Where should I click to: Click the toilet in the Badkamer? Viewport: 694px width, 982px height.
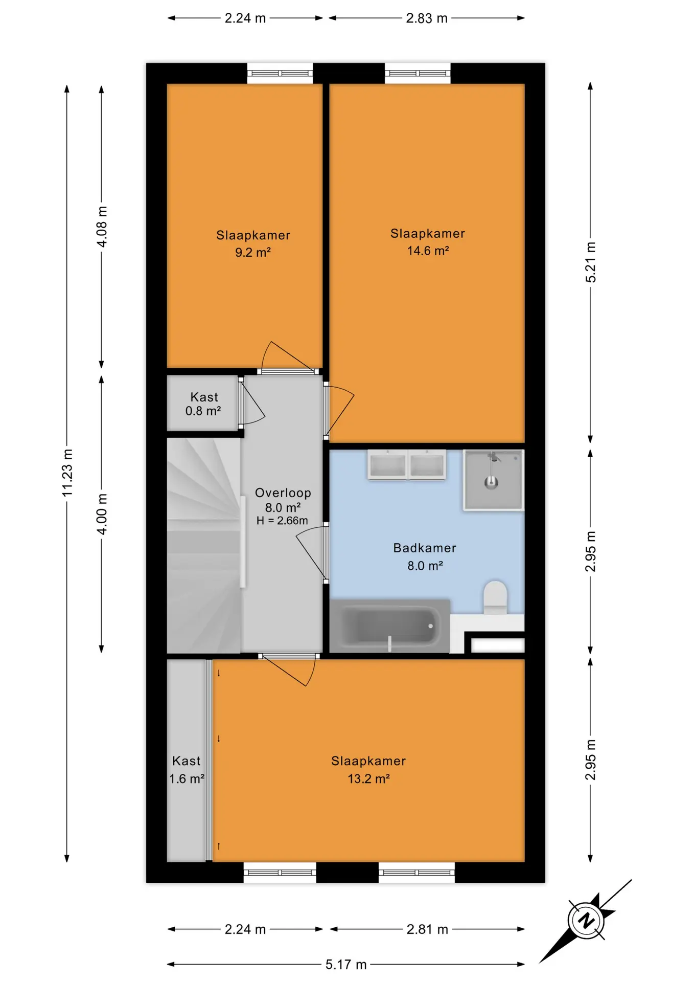click(495, 597)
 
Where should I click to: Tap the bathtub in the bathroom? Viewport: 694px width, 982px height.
click(389, 626)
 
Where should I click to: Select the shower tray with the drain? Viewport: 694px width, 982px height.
click(493, 480)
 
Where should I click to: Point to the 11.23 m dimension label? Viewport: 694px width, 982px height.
click(67, 472)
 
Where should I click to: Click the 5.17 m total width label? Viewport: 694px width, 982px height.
click(346, 964)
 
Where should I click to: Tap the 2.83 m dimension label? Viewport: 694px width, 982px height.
click(427, 18)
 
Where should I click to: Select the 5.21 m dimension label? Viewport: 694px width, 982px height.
click(591, 262)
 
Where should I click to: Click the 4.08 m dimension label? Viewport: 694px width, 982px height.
click(102, 227)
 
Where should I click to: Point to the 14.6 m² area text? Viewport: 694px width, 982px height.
click(428, 251)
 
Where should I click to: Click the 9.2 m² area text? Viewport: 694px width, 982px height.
click(252, 252)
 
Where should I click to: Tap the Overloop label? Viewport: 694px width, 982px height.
click(283, 493)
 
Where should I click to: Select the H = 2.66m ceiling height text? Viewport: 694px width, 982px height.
click(282, 521)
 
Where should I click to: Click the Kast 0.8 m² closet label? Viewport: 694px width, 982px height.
click(203, 404)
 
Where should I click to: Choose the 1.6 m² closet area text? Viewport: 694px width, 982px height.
click(187, 778)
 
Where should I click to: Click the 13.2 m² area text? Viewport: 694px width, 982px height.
click(368, 778)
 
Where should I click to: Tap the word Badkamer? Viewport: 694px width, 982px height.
click(424, 548)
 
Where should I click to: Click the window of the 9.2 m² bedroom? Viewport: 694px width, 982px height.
click(280, 73)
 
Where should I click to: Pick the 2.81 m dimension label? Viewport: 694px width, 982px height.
click(427, 929)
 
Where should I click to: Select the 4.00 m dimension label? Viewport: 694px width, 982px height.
click(102, 514)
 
